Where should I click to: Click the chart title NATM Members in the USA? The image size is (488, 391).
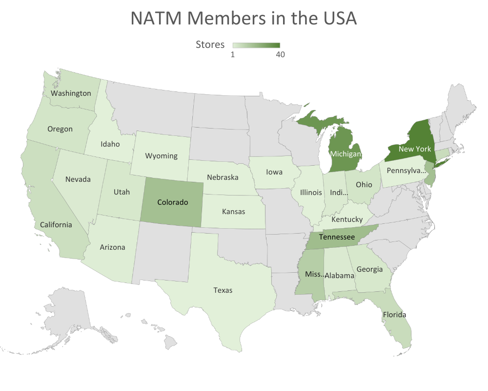[244, 19]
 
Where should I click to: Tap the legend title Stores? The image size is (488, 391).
[210, 44]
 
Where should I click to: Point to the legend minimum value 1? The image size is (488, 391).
[233, 55]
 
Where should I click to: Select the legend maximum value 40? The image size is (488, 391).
[280, 55]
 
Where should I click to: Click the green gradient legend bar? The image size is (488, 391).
[256, 45]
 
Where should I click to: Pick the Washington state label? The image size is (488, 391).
[71, 93]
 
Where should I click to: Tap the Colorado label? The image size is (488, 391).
[172, 202]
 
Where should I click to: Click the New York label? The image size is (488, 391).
[414, 149]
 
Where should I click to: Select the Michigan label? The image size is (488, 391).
[346, 154]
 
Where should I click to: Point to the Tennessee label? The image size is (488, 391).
[336, 237]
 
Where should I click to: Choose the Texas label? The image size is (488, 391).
[223, 290]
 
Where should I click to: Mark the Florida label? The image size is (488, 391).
[394, 314]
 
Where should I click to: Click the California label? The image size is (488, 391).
[56, 224]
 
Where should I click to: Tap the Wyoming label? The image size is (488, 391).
[161, 156]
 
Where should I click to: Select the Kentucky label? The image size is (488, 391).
[347, 219]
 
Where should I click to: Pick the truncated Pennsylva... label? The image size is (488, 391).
[406, 171]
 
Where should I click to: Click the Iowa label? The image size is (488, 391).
[274, 172]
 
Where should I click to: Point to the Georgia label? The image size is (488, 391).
[369, 269]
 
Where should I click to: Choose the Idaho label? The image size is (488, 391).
[110, 144]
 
